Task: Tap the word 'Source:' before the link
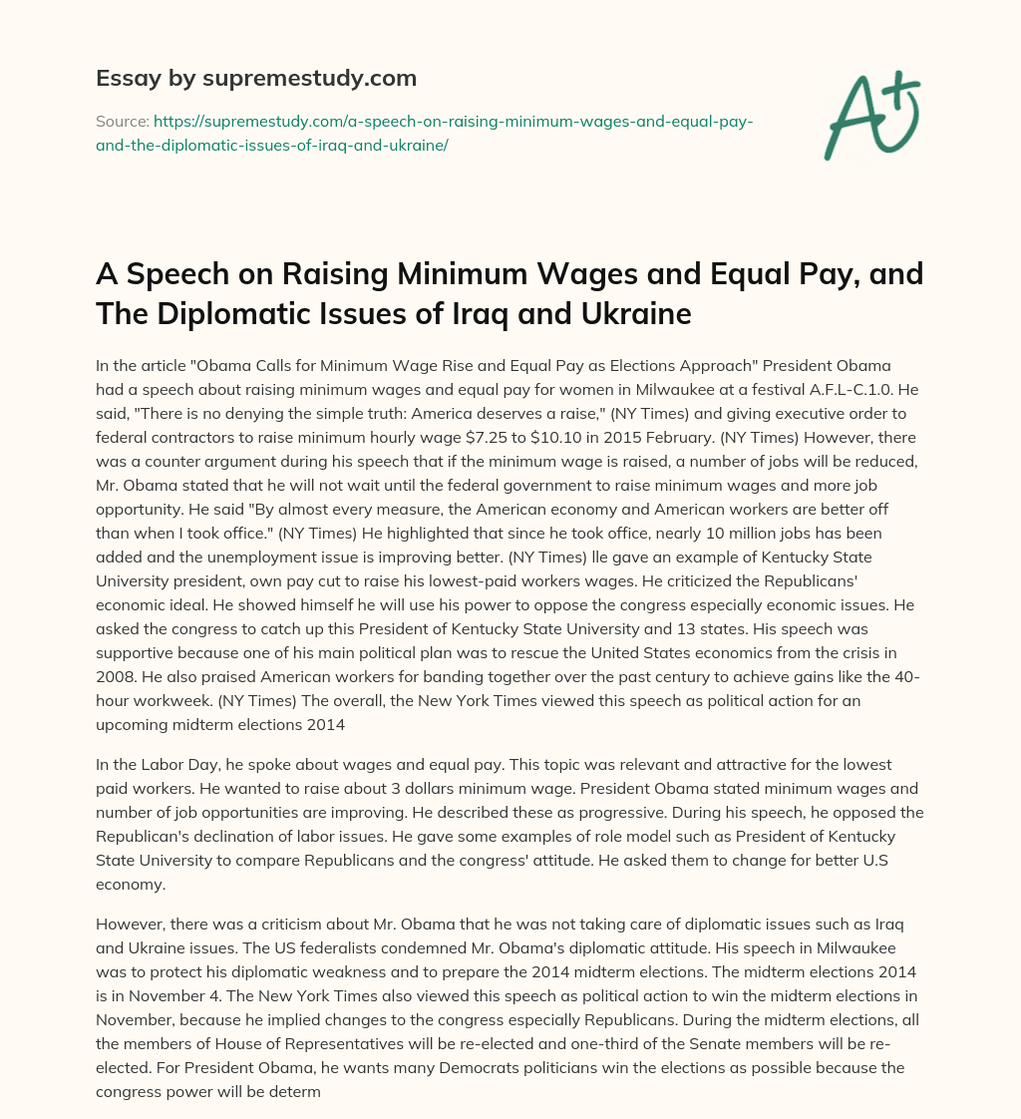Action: click(121, 121)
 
